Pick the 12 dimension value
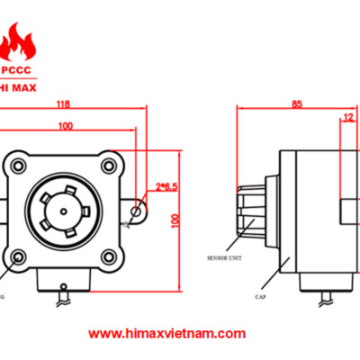click(347, 116)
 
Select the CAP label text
click(260, 294)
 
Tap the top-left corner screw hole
click(17, 165)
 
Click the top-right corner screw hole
click(108, 165)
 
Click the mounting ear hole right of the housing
click(136, 212)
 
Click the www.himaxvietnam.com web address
click(168, 333)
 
